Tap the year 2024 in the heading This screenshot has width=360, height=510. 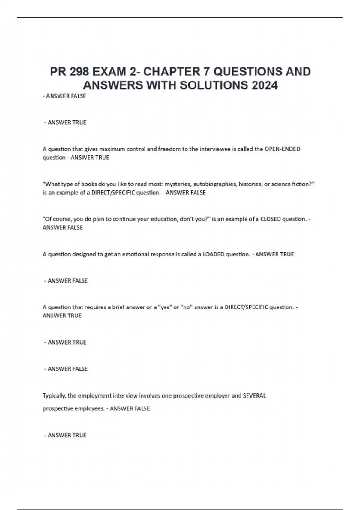(265, 85)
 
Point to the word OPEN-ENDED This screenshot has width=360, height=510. (282, 149)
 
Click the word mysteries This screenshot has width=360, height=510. (178, 184)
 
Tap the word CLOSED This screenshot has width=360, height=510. (271, 219)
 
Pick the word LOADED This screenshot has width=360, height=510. (214, 254)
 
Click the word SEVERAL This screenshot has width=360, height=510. (254, 396)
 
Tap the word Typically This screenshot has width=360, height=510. (54, 396)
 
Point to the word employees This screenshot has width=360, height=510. (89, 409)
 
